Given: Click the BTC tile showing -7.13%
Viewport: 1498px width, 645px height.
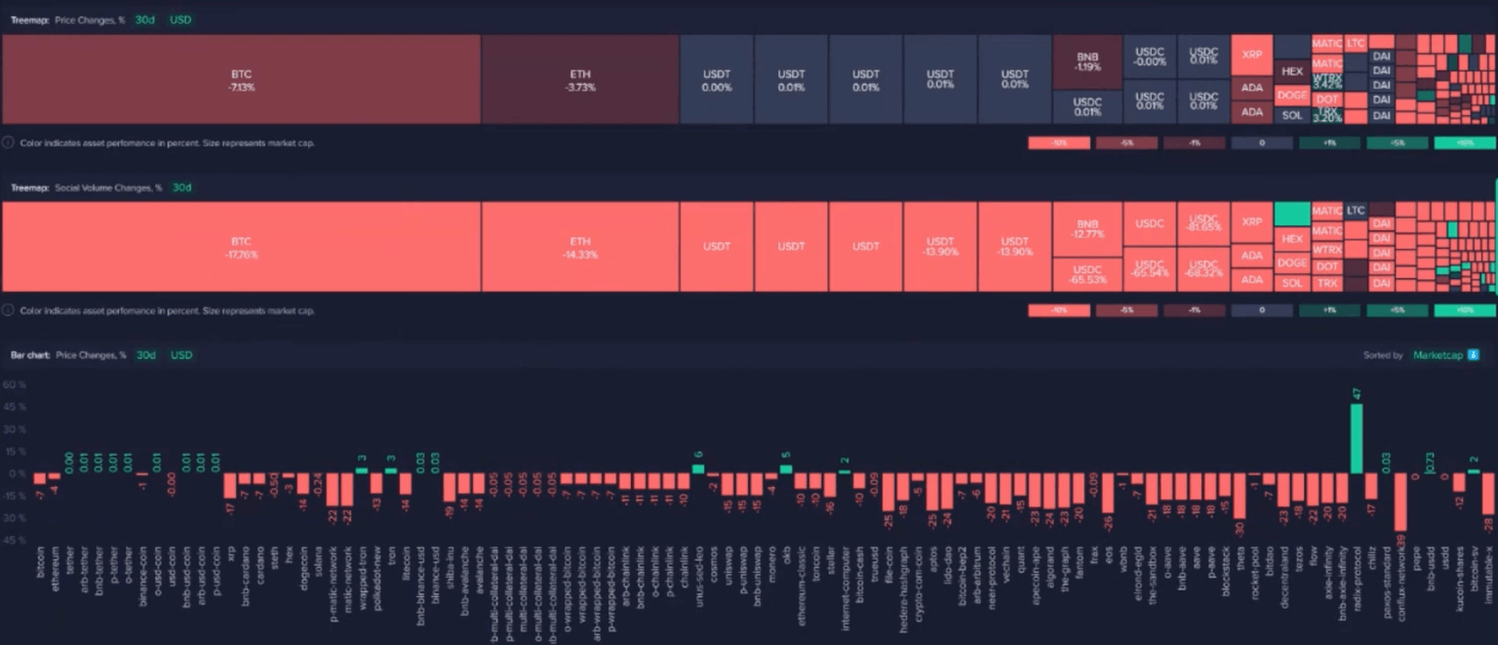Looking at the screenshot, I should [x=241, y=80].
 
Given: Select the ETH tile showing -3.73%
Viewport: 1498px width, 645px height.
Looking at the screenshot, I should [x=580, y=80].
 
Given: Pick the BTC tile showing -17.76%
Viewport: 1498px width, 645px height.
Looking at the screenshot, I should [x=241, y=247].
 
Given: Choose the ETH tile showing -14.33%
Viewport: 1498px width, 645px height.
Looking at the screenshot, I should [x=580, y=247].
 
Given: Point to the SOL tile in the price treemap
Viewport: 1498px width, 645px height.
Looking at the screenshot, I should [x=1292, y=115].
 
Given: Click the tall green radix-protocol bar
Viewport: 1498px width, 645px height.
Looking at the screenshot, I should [x=1357, y=438].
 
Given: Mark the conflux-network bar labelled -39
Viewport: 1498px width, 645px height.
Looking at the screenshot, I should [x=1400, y=502].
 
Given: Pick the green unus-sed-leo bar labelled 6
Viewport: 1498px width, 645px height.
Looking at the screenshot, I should [x=698, y=468].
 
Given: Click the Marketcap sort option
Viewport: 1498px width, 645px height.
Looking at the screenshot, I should [x=1438, y=355].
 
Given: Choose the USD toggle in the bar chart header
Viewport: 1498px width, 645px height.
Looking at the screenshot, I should [x=181, y=355].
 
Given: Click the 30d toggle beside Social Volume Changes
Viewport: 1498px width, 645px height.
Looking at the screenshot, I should [x=181, y=187].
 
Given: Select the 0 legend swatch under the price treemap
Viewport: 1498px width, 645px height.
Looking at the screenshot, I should [x=1262, y=143].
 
